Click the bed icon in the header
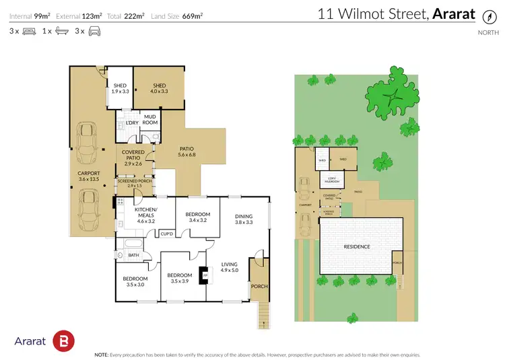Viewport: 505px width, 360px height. pyautogui.click(x=28, y=31)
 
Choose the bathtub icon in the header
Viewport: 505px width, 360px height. pyautogui.click(x=61, y=31)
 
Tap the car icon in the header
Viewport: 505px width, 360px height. pyautogui.click(x=94, y=31)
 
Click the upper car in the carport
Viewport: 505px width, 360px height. pyautogui.click(x=88, y=143)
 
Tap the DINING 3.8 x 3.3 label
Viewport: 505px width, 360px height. pyautogui.click(x=244, y=218)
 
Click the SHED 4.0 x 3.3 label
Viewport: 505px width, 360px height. pyautogui.click(x=159, y=88)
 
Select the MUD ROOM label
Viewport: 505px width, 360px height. pyautogui.click(x=150, y=119)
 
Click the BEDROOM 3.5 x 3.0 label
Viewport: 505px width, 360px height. pyautogui.click(x=135, y=281)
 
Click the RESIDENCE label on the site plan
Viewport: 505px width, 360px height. pyautogui.click(x=357, y=246)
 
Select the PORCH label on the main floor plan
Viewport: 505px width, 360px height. pyautogui.click(x=259, y=286)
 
